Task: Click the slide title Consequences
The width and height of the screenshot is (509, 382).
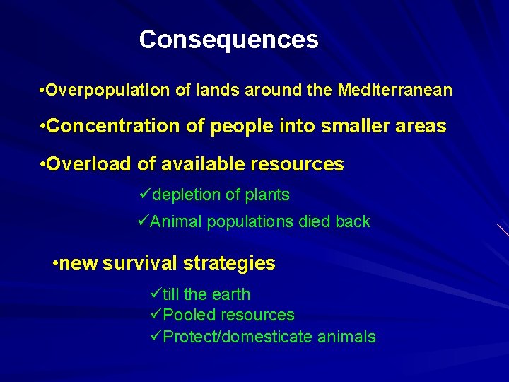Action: tap(228, 40)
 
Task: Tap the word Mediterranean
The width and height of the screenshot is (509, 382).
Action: tap(395, 91)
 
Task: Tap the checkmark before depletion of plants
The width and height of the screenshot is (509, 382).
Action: tap(146, 194)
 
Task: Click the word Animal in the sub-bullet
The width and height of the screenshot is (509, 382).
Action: tap(175, 222)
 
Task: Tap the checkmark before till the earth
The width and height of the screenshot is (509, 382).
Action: tap(156, 294)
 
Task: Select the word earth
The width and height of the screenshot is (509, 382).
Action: tap(230, 295)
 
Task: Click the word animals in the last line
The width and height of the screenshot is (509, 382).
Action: tap(346, 337)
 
